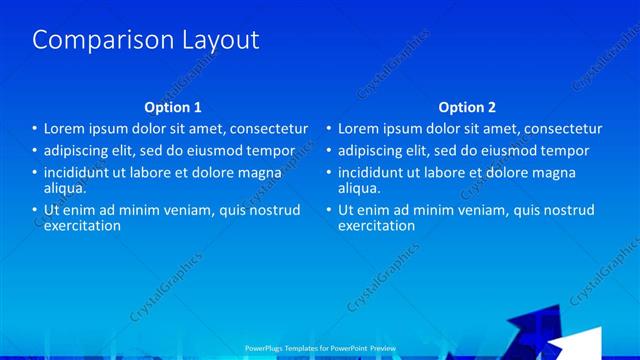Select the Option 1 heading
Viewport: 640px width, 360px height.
click(173, 107)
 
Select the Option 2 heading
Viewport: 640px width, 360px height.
click(467, 107)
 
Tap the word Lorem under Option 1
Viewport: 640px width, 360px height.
click(66, 129)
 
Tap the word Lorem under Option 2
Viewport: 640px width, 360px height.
click(360, 129)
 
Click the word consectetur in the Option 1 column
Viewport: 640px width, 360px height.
click(266, 129)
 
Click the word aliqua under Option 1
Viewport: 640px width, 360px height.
click(65, 187)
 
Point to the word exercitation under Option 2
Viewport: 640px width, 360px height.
click(376, 225)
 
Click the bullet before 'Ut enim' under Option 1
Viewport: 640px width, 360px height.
click(34, 210)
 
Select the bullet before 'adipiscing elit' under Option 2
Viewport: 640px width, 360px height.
click(328, 151)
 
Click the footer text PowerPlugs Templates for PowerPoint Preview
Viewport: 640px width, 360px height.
click(320, 348)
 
